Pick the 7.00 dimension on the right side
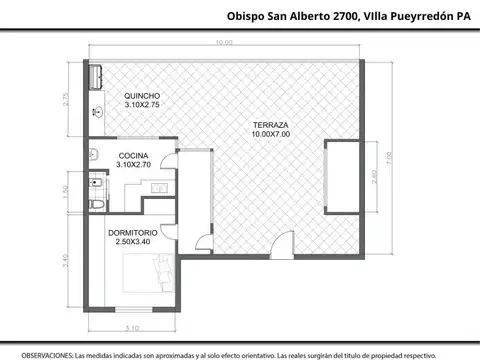point(392,154)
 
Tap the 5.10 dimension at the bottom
point(131,327)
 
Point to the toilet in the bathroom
point(96,204)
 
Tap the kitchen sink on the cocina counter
point(158,187)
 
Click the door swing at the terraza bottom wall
point(203,241)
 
